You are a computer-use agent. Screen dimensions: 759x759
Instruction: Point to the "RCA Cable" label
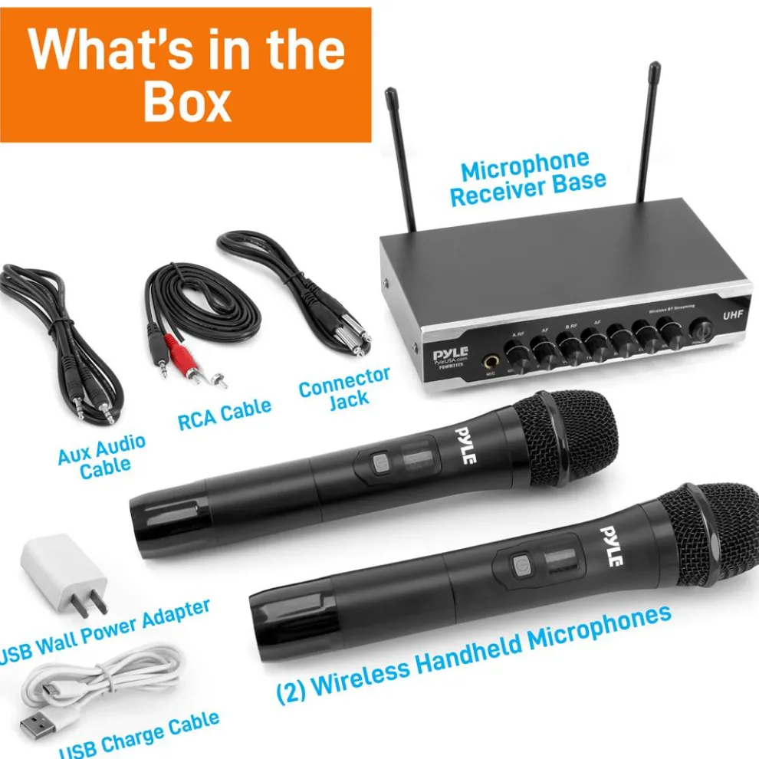coord(224,413)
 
